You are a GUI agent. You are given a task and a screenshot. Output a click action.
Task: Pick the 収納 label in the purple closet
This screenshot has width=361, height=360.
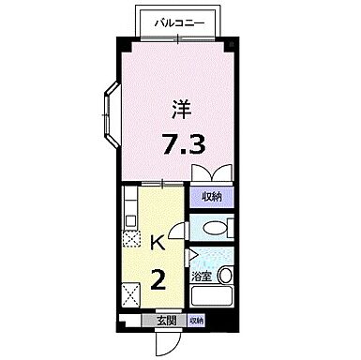point(212,196)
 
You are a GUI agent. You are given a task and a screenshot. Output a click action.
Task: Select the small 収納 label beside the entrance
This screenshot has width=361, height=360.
point(195,321)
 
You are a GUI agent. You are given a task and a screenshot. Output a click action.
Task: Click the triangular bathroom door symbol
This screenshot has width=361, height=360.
point(191,254)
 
